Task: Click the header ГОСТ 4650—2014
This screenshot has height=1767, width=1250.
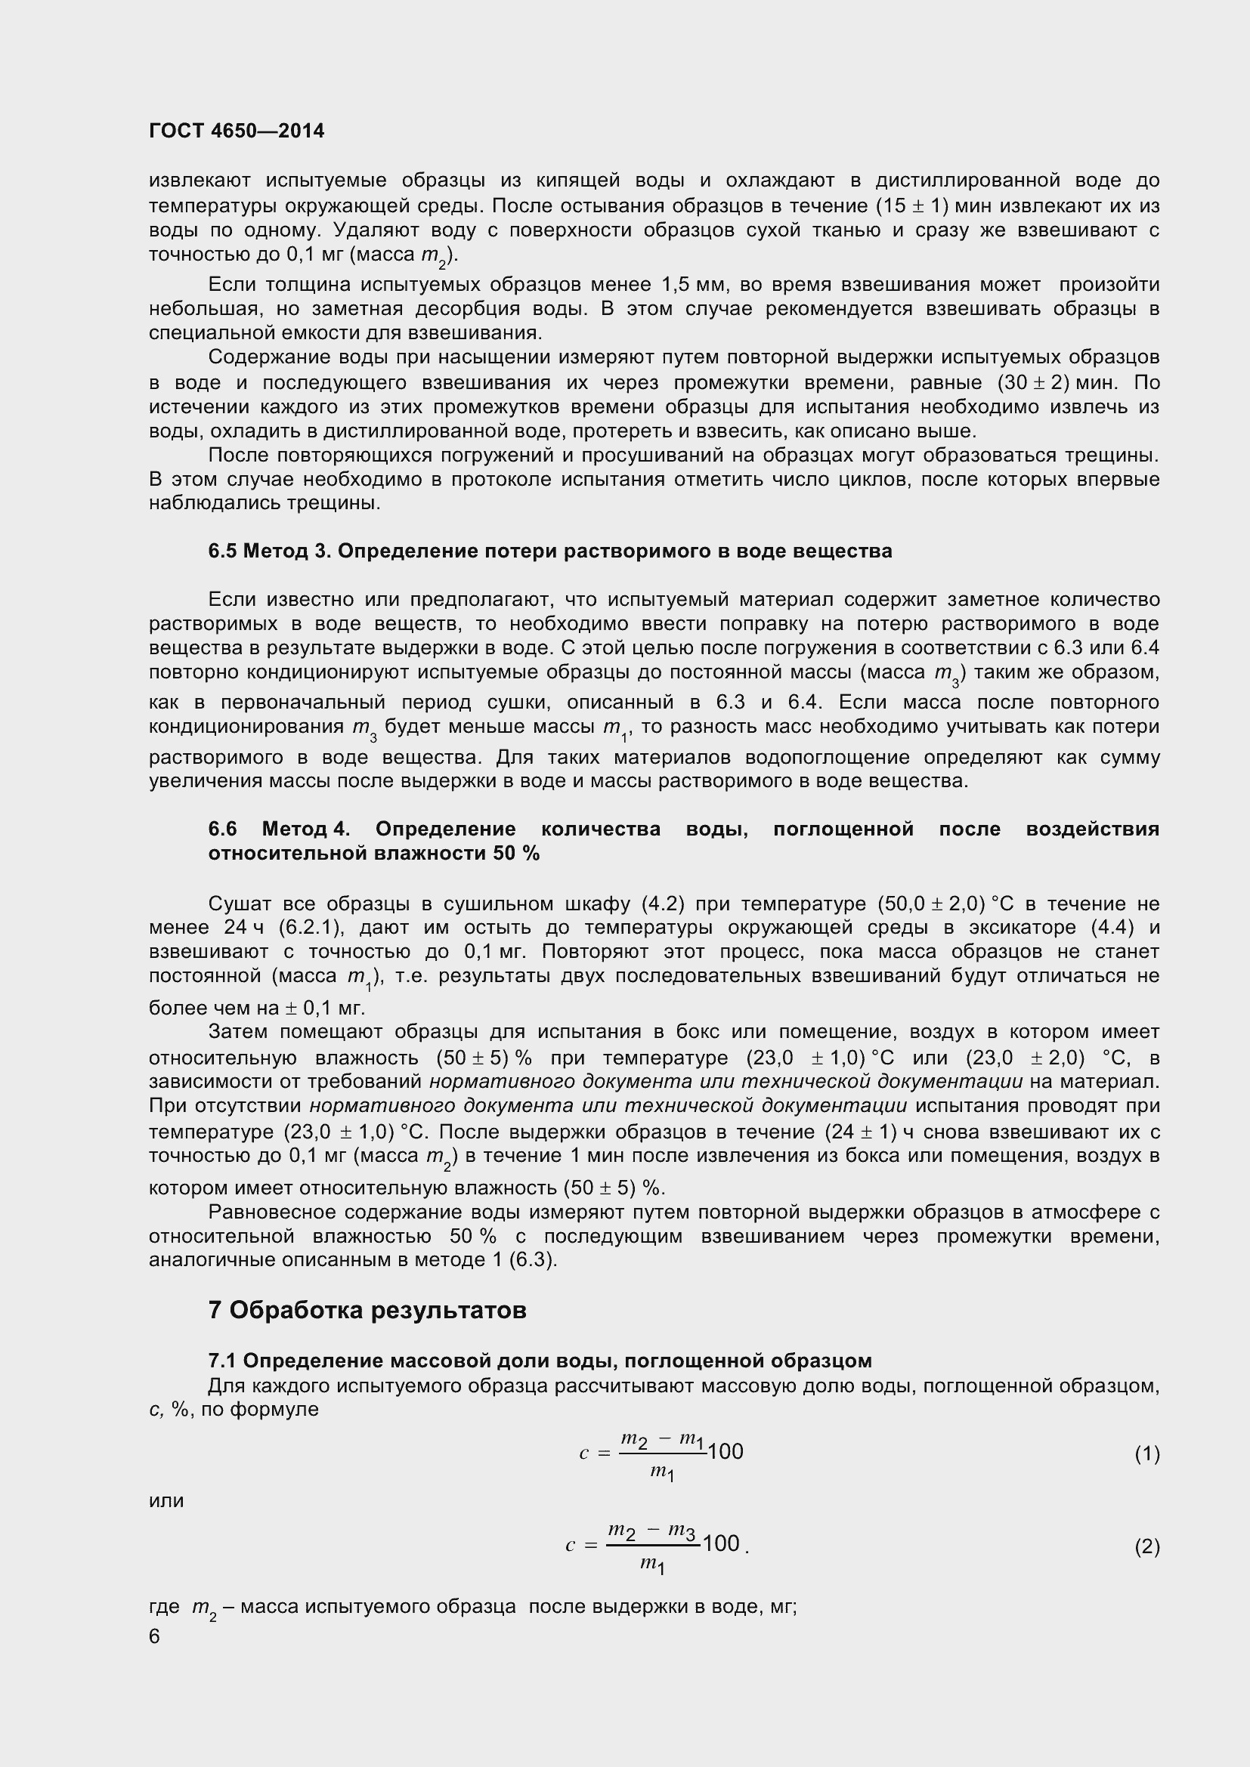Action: coord(237,131)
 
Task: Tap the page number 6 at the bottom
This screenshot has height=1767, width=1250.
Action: coord(154,1636)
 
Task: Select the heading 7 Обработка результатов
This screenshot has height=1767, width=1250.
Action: coord(367,1309)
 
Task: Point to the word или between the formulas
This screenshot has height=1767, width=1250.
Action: coord(166,1500)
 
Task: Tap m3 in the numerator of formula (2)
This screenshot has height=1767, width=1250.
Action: coord(682,1530)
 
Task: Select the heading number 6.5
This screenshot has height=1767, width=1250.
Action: coord(222,551)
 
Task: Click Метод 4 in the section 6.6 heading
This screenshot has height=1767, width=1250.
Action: coord(305,829)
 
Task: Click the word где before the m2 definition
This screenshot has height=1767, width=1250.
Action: coord(163,1607)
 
